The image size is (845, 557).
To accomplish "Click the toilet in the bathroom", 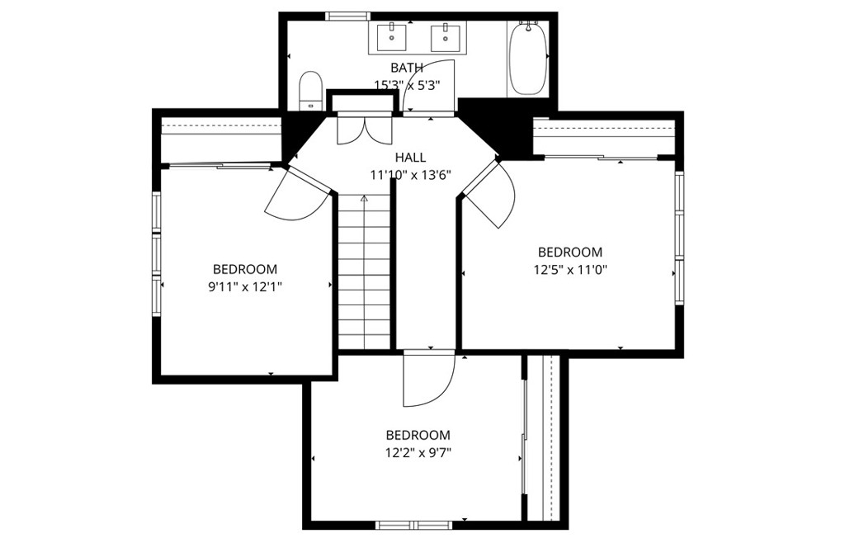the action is pos(310,91).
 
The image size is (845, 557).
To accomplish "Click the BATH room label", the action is pos(407,68).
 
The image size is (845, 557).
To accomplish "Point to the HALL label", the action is pos(411,158).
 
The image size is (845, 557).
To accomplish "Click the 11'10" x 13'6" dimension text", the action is pos(410,175).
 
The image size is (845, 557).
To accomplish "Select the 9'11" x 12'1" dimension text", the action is pos(245,286).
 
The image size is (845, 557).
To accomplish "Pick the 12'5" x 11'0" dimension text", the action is pos(571,269).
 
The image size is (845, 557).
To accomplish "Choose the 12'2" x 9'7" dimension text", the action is pos(418,452).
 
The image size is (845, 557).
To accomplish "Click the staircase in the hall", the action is pos(364,272).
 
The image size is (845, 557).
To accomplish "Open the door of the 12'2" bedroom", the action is pos(429,380).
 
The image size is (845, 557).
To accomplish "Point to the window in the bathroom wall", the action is pos(347,17).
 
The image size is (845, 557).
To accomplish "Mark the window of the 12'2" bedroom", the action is pos(414,525).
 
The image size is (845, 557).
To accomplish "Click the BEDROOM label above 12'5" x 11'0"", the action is pos(570,253).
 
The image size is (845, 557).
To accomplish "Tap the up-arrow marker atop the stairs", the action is pos(364,199).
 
